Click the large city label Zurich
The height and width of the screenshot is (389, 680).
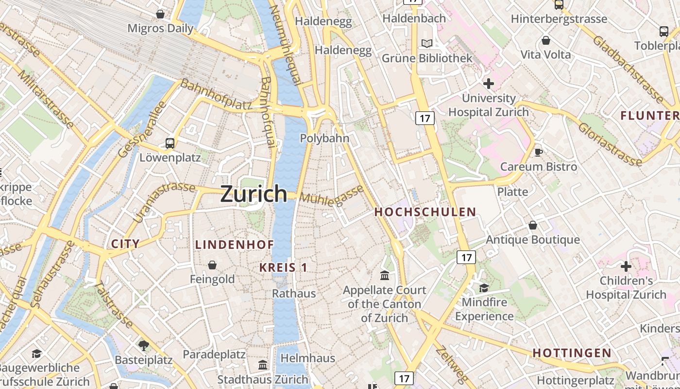pos(254,194)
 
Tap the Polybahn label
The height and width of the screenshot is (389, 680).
pos(324,138)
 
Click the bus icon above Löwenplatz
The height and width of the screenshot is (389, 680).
pos(170,143)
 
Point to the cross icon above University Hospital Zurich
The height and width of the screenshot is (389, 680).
pos(489,84)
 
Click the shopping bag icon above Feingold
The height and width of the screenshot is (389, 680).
pos(212,265)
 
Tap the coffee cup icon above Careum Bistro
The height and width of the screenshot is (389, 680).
pos(538,153)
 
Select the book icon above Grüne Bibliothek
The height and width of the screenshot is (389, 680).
pos(427,44)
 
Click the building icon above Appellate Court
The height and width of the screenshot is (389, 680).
pos(385,276)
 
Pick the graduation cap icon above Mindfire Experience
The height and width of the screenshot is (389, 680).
pos(484,288)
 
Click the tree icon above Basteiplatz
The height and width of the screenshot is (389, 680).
pos(144,346)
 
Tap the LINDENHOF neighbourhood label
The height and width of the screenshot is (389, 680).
pos(235,245)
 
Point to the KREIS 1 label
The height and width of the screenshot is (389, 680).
pos(283,267)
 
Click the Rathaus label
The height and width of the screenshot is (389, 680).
pos(294,294)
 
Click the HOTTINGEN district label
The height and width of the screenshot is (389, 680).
pos(572,353)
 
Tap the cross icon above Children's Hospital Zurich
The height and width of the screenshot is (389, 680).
pos(626,266)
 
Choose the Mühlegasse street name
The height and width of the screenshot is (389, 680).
pos(332,196)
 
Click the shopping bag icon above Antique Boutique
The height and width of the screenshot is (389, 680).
pos(533,225)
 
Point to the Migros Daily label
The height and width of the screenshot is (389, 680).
pos(160,28)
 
